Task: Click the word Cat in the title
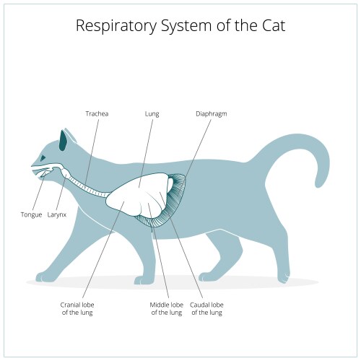[269, 27]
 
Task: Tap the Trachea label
[97, 113]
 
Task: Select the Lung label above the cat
[152, 113]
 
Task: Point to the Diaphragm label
[212, 113]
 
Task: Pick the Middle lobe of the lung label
[165, 308]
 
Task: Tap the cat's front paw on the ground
[45, 277]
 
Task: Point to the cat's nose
[31, 166]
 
